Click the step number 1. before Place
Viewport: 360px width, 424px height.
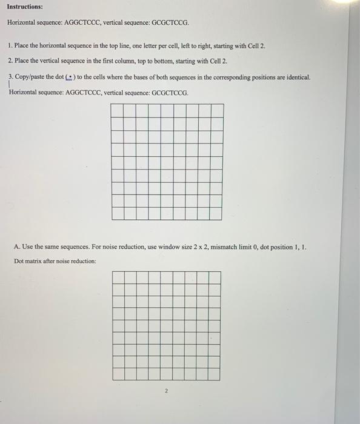tap(11, 46)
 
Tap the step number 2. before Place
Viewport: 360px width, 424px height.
tap(11, 61)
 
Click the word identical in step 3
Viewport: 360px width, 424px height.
tap(296, 78)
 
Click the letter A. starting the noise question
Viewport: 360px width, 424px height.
tap(16, 247)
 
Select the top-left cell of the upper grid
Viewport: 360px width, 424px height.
tap(118, 110)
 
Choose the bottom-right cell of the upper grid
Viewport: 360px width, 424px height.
tap(217, 213)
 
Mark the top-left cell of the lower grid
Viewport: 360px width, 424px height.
tap(118, 277)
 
